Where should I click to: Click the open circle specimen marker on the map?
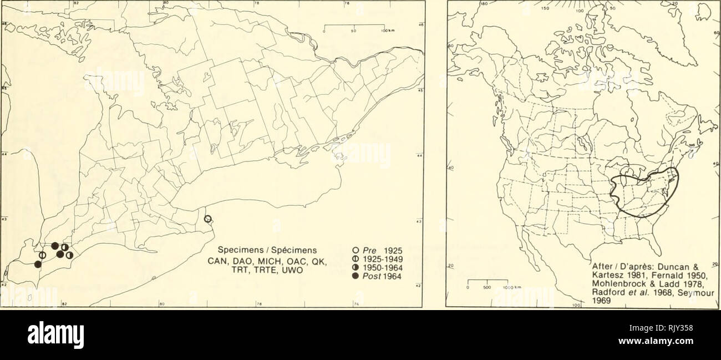pos(207,218)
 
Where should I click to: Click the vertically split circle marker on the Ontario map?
pos(42,255)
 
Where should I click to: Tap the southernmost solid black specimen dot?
pos(38,264)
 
